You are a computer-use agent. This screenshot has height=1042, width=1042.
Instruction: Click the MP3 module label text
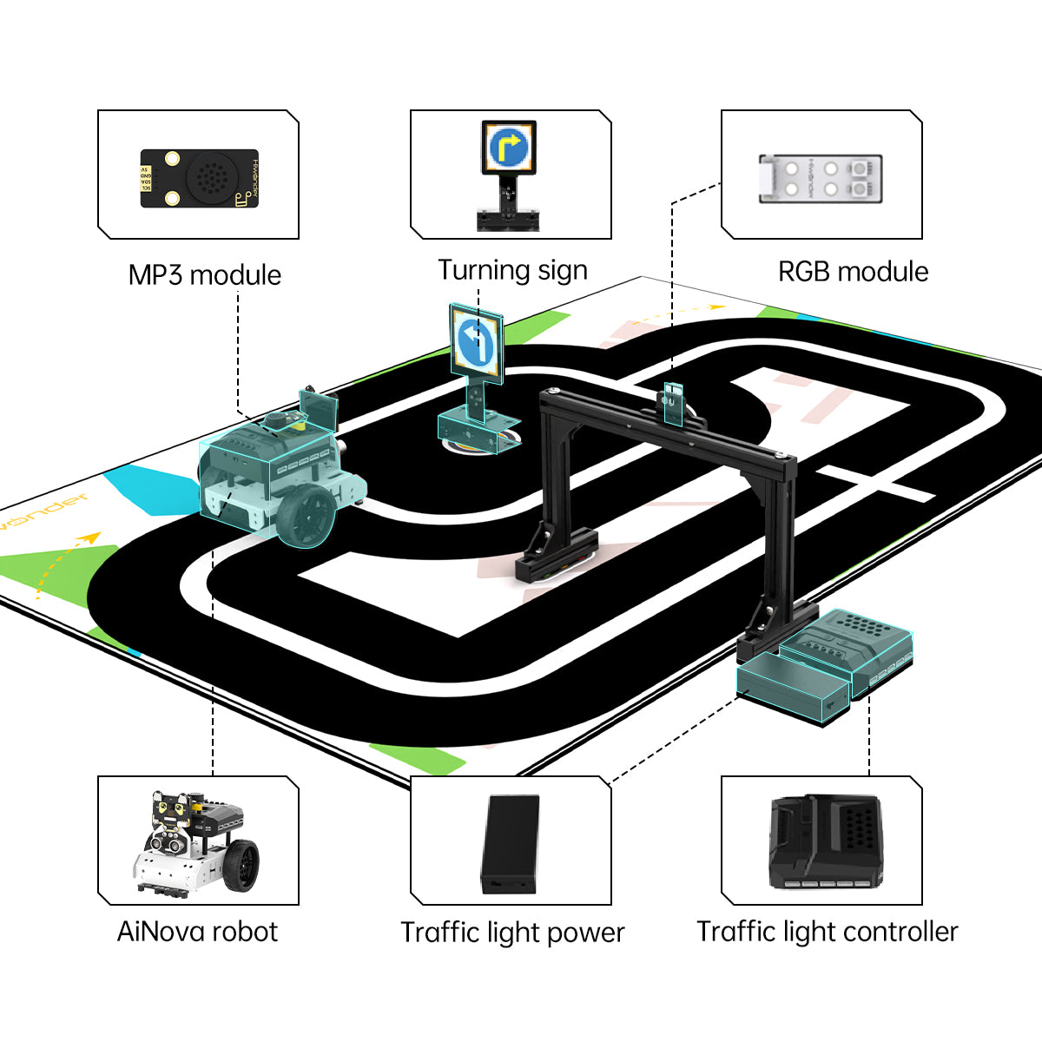coord(205,275)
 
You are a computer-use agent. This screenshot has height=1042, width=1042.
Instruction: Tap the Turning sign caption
coord(512,271)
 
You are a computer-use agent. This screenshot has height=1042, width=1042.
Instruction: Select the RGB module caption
coord(853,272)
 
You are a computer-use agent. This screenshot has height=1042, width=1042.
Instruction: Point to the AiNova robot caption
coord(197,932)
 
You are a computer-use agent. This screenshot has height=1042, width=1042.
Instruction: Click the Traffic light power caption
coord(512,933)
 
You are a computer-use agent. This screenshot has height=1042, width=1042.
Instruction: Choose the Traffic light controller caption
coord(827,932)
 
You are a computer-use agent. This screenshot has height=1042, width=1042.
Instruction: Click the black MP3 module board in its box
coord(200,178)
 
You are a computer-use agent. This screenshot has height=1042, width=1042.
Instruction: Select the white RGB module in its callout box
coord(821,179)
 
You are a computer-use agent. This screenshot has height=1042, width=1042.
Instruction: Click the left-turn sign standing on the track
coord(475,342)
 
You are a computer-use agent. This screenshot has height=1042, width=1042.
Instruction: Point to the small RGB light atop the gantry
coord(673,403)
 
